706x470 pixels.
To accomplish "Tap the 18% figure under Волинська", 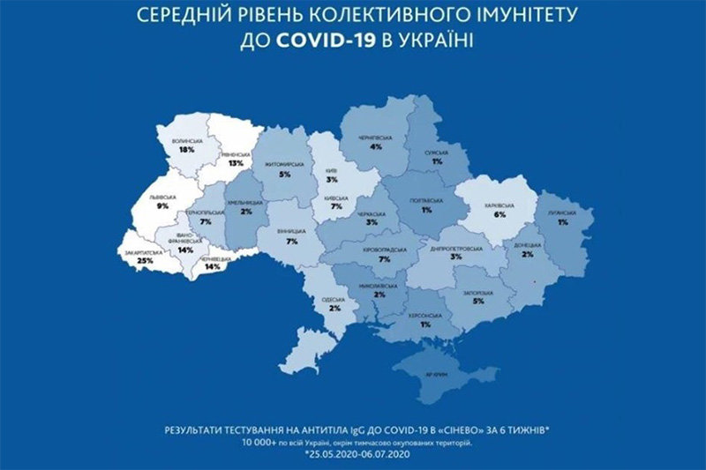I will [x=186, y=150].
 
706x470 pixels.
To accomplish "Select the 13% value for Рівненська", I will [x=235, y=163].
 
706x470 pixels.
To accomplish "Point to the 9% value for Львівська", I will [x=162, y=205].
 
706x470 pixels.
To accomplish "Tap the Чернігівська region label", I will [x=375, y=138].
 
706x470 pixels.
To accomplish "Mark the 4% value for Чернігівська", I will [x=375, y=147].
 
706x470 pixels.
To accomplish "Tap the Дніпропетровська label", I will [x=459, y=249].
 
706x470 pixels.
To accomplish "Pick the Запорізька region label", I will [x=478, y=292].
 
